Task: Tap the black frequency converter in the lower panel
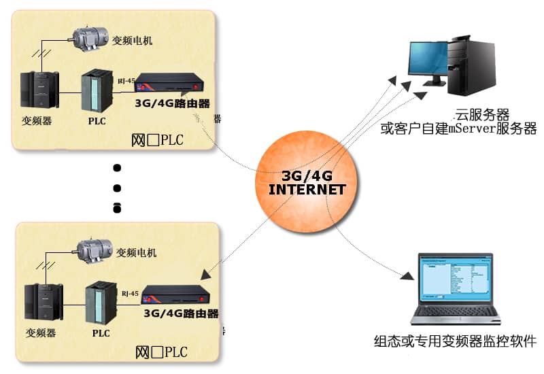tap(42, 303)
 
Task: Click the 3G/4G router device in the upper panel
tap(171, 85)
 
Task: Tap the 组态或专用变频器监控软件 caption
tap(455, 341)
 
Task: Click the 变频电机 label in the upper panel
tap(132, 41)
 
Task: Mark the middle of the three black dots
tap(117, 188)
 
